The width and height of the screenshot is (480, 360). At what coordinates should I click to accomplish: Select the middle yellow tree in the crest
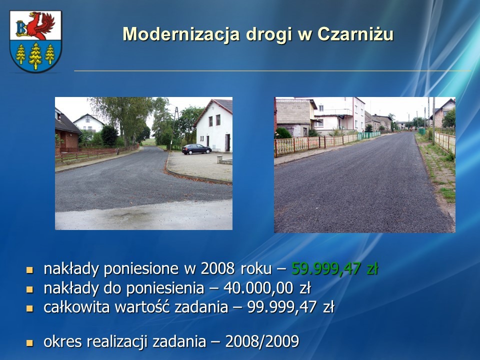click(x=35, y=55)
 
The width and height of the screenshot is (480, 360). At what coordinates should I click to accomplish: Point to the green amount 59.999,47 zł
click(x=335, y=268)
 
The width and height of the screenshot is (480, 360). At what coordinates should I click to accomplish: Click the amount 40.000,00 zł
click(x=267, y=288)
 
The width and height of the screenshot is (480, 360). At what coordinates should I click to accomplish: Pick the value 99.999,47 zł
click(x=291, y=307)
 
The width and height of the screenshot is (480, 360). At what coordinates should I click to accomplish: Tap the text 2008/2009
click(x=262, y=341)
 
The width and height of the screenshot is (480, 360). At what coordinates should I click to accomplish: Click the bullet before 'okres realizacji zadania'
click(x=29, y=342)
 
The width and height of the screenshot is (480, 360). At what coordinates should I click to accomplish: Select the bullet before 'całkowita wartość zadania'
click(x=29, y=308)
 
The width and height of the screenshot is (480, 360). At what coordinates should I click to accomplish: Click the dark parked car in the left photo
click(x=196, y=149)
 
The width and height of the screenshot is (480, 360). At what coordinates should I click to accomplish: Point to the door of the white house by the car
click(x=227, y=142)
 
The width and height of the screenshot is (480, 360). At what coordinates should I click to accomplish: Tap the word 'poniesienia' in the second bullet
click(x=165, y=288)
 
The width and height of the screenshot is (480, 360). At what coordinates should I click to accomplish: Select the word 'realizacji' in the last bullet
click(x=118, y=341)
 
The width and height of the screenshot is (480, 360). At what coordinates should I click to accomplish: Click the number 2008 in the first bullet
click(x=217, y=268)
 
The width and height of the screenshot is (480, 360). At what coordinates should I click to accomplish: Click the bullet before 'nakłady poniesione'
click(x=29, y=270)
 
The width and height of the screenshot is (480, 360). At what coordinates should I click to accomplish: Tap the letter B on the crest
click(x=21, y=28)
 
